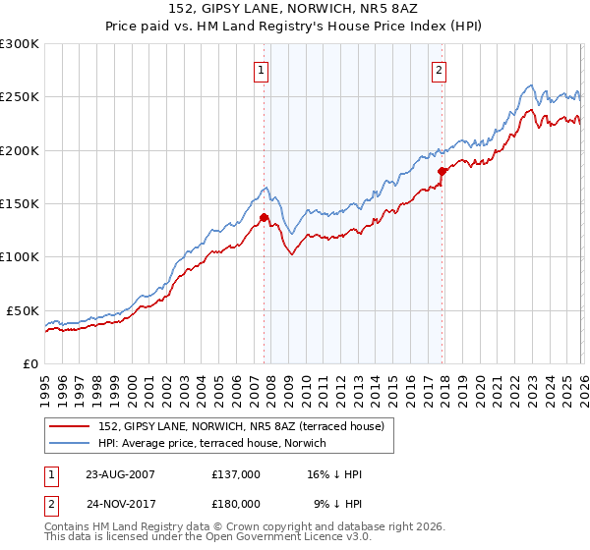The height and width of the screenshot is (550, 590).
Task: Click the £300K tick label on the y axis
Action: [20, 44]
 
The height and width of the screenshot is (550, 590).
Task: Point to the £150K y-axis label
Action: [20, 204]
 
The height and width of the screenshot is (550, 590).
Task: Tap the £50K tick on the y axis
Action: [23, 310]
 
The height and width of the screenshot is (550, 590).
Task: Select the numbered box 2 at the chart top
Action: [438, 70]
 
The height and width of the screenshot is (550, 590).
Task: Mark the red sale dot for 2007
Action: [264, 218]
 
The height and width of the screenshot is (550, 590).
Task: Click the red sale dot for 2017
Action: [442, 172]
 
